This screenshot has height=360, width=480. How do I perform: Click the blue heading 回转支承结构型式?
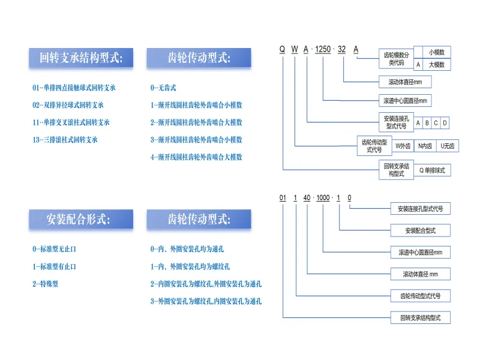click(80, 58)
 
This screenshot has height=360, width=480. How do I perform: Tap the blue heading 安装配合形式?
click(80, 219)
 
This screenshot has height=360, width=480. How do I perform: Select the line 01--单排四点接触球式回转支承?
click(74, 88)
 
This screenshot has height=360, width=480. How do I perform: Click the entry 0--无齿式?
click(163, 88)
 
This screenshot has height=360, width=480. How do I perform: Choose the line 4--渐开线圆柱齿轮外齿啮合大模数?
click(196, 157)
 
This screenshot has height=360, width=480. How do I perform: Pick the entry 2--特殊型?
click(45, 283)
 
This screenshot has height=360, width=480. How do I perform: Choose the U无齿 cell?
click(448, 146)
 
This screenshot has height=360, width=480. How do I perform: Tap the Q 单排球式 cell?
click(431, 170)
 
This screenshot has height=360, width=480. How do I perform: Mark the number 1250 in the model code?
click(323, 50)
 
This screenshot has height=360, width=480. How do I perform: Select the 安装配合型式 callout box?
click(420, 230)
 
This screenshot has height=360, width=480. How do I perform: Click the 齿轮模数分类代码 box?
click(396, 58)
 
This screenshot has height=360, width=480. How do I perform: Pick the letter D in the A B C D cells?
click(445, 123)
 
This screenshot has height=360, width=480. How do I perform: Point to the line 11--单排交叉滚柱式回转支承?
click(71, 122)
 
